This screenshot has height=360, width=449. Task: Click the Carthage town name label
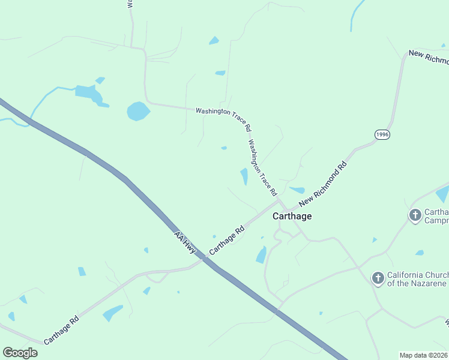(292, 216)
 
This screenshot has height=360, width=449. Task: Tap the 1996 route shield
(382, 135)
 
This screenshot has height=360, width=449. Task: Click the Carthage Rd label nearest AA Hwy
(227, 240)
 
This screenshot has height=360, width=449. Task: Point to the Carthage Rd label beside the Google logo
(61, 329)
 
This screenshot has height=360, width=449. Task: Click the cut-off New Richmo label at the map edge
(429, 57)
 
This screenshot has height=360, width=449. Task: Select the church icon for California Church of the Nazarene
(378, 278)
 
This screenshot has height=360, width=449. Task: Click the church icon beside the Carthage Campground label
(415, 215)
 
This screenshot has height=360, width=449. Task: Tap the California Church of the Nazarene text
(417, 280)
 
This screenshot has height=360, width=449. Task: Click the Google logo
(20, 353)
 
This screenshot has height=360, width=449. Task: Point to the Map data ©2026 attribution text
(424, 355)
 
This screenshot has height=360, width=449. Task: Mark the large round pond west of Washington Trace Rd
(138, 111)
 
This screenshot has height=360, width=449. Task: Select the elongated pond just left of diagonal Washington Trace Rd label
(244, 176)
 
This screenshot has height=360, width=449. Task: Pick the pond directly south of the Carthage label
(262, 254)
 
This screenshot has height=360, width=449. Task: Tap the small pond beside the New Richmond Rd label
(297, 190)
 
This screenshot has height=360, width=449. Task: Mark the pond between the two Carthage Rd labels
(112, 313)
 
